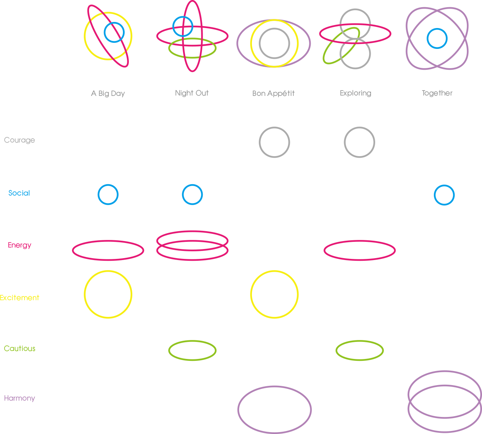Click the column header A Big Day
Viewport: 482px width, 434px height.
click(108, 94)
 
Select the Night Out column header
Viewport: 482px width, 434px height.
click(192, 93)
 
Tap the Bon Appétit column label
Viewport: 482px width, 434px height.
click(274, 94)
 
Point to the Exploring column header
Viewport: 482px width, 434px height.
click(355, 93)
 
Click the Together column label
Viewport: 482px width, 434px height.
click(437, 93)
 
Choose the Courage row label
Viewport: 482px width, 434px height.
click(20, 140)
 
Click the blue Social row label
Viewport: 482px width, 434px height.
click(19, 193)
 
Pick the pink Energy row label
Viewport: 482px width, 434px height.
click(20, 245)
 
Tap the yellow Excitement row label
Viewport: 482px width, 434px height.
click(20, 298)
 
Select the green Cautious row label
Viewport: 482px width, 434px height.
click(20, 349)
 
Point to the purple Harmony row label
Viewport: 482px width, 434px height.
click(20, 398)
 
